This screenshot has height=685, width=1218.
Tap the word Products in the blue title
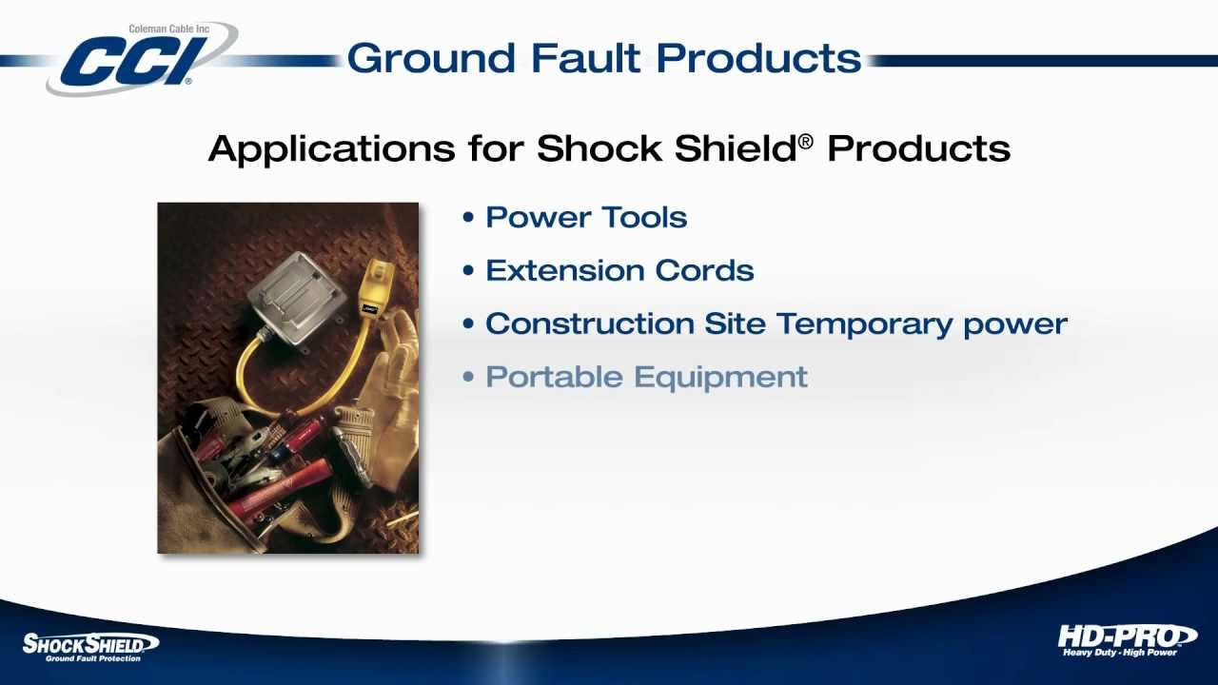pyautogui.click(x=758, y=58)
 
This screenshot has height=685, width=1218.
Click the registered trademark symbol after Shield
pyautogui.click(x=806, y=141)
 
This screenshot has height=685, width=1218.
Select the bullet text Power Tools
pyautogui.click(x=586, y=217)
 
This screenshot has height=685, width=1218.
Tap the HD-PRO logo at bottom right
pyautogui.click(x=1126, y=639)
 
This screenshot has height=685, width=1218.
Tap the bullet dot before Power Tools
pyautogui.click(x=467, y=218)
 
